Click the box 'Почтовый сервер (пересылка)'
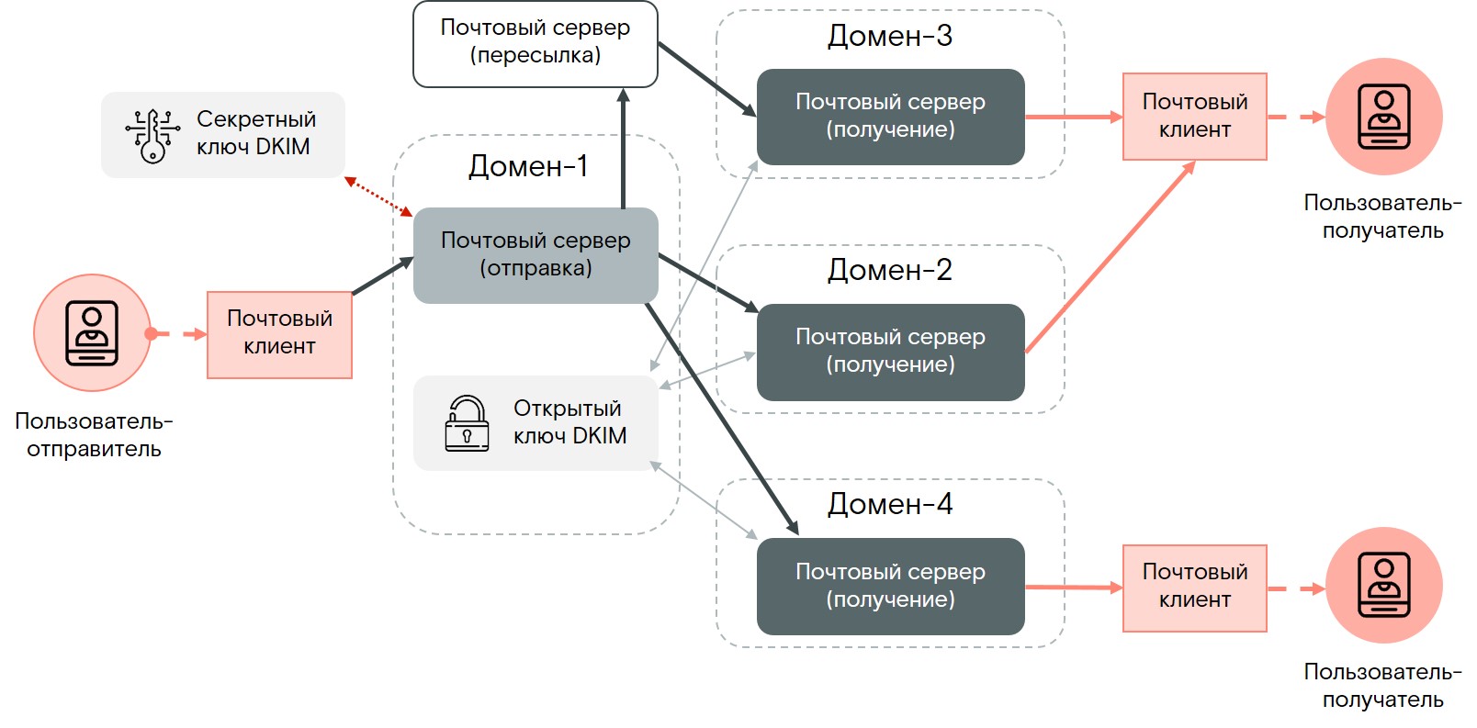(535, 43)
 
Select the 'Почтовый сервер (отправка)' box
(535, 254)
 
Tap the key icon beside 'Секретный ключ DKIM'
(152, 136)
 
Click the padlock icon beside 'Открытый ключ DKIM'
(467, 423)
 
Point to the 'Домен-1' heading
(528, 166)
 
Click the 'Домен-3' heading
(889, 36)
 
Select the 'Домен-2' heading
(889, 270)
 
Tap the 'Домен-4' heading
(889, 504)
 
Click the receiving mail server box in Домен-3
(889, 117)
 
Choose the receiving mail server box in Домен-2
(889, 352)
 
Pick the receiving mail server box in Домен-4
(889, 586)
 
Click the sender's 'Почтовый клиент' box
(279, 334)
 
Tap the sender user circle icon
(92, 332)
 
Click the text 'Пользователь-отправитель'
(94, 435)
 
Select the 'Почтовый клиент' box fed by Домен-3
(1194, 117)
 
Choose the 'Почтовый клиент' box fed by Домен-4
(1194, 588)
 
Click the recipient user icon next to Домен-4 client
(1383, 585)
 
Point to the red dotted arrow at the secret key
(378, 196)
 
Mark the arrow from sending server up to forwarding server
(623, 147)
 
